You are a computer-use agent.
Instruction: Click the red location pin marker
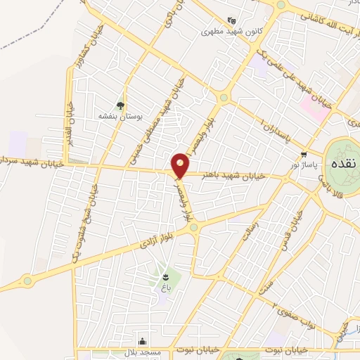tap(180, 165)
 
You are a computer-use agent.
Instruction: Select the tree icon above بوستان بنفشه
tap(122, 105)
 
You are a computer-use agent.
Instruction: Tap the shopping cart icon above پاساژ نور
tap(304, 154)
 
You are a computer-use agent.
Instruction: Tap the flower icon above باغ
tap(165, 277)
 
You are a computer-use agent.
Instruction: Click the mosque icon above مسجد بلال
tap(143, 340)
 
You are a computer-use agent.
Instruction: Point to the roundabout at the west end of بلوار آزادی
tap(27, 280)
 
